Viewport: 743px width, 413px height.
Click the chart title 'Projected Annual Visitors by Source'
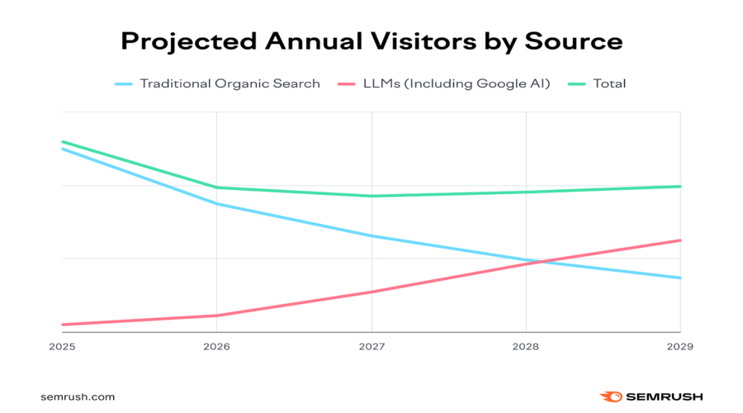[371, 41]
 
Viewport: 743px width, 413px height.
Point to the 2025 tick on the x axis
[62, 347]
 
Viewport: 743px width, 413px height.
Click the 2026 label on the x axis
[216, 347]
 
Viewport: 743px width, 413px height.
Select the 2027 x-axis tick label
[371, 347]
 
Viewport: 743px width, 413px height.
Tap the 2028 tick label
[526, 347]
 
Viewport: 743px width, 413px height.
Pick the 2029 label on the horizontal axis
[679, 347]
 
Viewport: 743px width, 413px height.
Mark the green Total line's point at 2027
[371, 196]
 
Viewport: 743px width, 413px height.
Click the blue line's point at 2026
[216, 203]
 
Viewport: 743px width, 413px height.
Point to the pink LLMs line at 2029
[679, 240]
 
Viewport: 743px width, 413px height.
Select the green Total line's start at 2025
[63, 142]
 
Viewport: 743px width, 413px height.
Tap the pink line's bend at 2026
[216, 316]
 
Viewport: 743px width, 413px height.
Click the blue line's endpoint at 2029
[679, 278]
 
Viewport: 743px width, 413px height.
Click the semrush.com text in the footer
[78, 396]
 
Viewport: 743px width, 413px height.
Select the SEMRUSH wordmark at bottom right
[664, 396]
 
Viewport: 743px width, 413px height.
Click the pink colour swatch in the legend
[347, 83]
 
